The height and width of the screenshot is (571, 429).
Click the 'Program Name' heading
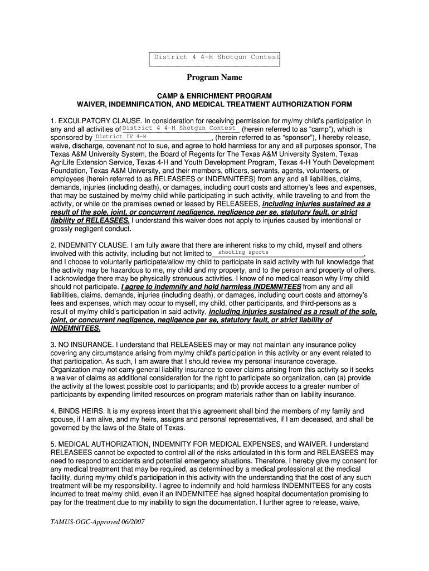pos(214,78)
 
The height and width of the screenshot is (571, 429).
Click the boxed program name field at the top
pos(217,57)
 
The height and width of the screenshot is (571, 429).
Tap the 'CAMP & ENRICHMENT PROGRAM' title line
pos(214,96)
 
